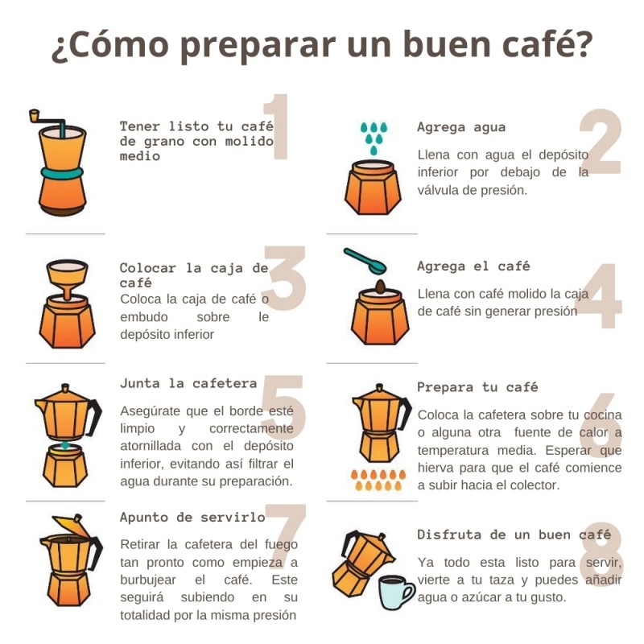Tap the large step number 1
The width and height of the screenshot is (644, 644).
point(279,126)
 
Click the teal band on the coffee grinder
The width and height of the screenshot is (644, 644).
point(63,173)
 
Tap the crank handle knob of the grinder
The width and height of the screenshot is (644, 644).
point(34,115)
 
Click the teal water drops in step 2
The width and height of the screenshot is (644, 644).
point(374,138)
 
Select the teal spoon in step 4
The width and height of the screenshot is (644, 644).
point(365,261)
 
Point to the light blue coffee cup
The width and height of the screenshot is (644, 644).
point(395,592)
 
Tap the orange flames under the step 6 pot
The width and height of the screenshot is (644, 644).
point(378,480)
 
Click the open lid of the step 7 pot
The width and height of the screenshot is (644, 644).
point(72,526)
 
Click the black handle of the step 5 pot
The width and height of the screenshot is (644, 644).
point(94,417)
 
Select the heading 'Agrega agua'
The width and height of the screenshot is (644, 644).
point(461,127)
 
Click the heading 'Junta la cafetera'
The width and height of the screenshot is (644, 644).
point(188,384)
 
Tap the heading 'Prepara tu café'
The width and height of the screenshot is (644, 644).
point(477,387)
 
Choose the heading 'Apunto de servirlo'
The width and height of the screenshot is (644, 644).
point(192,517)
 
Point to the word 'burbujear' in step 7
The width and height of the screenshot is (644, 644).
point(148,580)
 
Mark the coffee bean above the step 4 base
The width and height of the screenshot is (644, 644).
point(380,287)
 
